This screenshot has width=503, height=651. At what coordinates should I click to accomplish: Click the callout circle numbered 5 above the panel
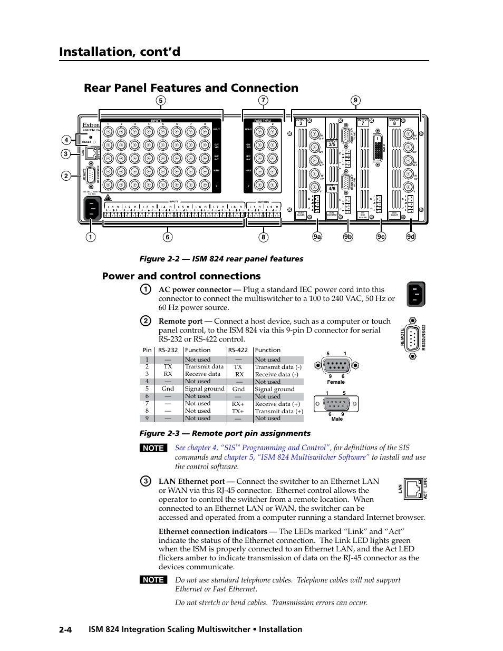click(161, 101)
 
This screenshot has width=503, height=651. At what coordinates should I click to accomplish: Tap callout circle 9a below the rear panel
click(317, 237)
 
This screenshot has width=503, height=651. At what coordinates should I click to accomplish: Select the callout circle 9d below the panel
click(411, 237)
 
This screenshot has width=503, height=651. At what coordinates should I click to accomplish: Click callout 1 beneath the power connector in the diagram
click(91, 237)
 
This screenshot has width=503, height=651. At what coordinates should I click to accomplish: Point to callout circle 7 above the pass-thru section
click(263, 100)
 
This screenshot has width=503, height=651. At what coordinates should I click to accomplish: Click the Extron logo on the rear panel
click(91, 125)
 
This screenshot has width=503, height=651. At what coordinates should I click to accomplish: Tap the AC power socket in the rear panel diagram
click(92, 209)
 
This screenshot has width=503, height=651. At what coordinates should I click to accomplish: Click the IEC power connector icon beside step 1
click(416, 294)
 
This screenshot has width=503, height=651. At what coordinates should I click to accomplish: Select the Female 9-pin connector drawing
click(336, 365)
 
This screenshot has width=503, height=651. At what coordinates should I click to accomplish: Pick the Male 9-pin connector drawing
click(336, 404)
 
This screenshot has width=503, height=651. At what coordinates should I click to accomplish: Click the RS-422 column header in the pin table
click(238, 350)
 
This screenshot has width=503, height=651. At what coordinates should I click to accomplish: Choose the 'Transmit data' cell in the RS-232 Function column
click(204, 367)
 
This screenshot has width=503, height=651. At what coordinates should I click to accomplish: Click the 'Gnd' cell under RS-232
click(168, 388)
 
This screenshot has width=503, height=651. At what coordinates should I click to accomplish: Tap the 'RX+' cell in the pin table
click(238, 404)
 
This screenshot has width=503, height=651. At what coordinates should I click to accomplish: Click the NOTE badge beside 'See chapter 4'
click(153, 448)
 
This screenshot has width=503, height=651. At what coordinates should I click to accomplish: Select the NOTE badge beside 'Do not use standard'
click(153, 580)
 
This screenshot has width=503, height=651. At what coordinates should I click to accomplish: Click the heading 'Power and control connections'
click(181, 276)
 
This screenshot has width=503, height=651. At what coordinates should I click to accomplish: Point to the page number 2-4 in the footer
click(65, 629)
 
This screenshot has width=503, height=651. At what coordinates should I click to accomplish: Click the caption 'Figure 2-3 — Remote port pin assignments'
click(225, 433)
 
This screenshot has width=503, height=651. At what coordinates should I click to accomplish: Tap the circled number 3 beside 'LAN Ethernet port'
click(146, 481)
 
